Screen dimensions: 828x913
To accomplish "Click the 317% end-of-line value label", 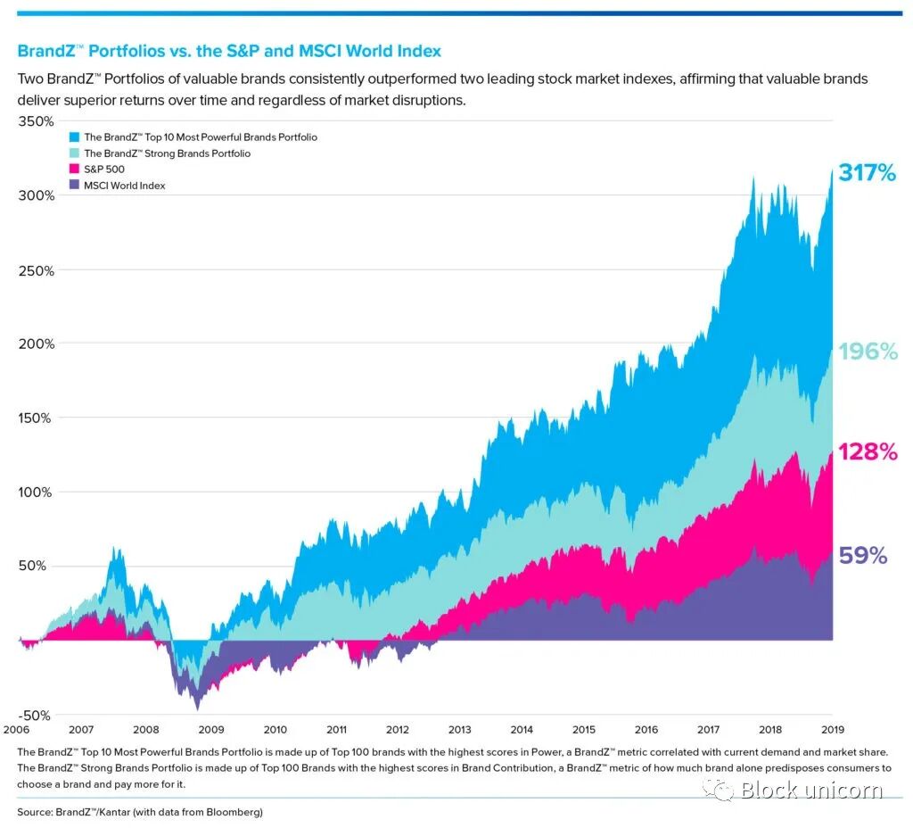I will (x=866, y=173).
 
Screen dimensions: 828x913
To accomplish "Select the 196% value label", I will (x=867, y=352).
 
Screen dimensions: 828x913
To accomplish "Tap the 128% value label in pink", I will (x=867, y=451).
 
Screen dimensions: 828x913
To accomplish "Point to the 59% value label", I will (x=863, y=556).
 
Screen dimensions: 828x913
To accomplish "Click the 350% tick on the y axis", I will (x=37, y=121).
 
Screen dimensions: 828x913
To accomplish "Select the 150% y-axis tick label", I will (x=37, y=418).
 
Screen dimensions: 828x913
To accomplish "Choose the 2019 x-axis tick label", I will (x=832, y=729).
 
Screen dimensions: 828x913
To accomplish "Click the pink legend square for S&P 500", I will (x=74, y=170).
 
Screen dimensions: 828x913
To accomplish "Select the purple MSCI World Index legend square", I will (x=74, y=186).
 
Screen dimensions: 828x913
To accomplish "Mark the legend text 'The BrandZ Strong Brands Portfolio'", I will (x=167, y=153).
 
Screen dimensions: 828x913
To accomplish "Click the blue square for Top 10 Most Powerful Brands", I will (x=74, y=137).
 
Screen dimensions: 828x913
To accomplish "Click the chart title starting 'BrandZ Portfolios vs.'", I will (x=229, y=51).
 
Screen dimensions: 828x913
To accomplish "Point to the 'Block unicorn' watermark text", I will (x=810, y=790).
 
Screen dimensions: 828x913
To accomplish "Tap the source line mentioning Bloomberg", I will (x=140, y=812).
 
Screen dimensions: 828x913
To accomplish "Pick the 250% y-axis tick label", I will (x=37, y=269).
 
